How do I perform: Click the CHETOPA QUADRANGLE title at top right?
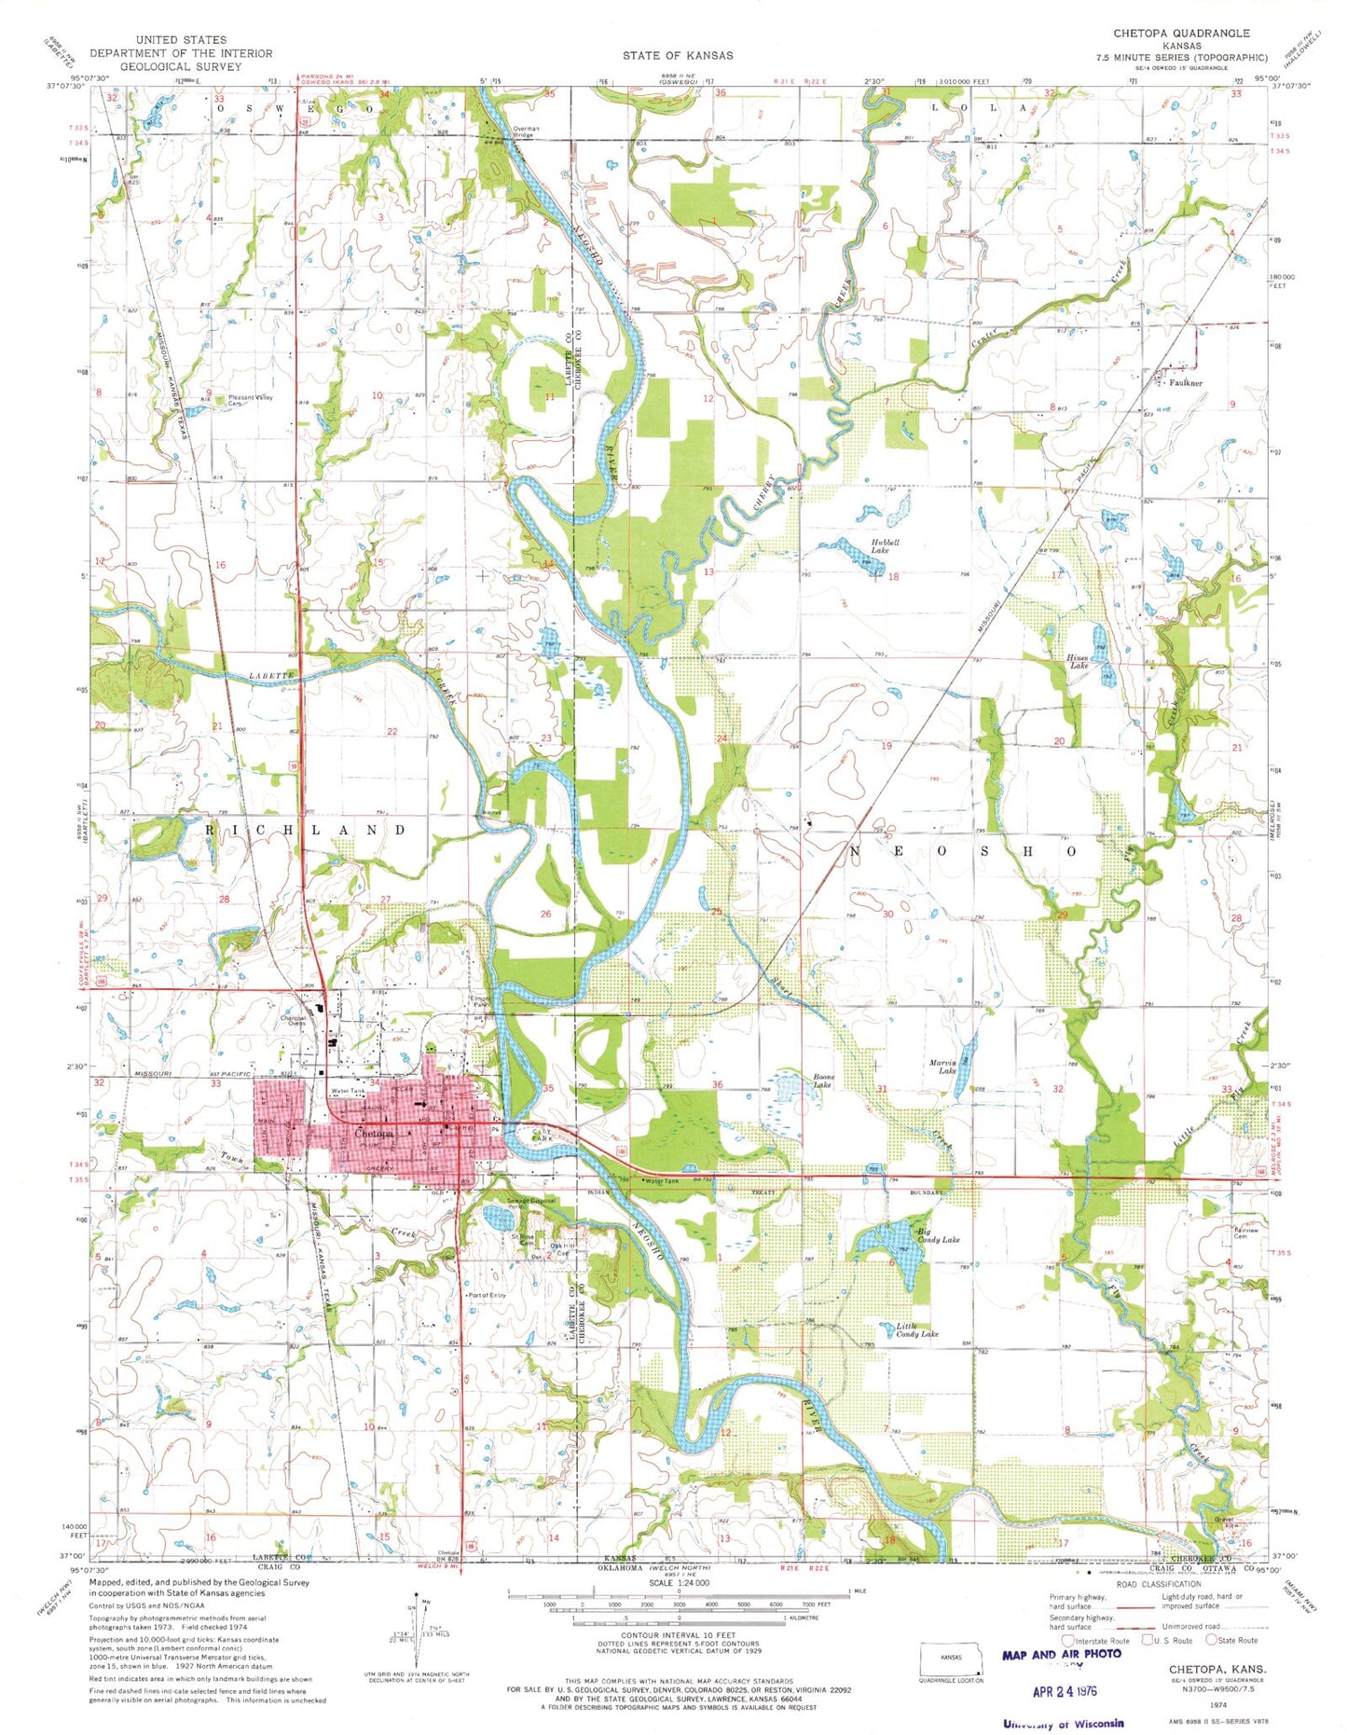pyautogui.click(x=1181, y=33)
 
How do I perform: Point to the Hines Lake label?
pyautogui.click(x=1079, y=662)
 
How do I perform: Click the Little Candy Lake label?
pyautogui.click(x=917, y=1330)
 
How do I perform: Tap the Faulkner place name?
pyautogui.click(x=1184, y=382)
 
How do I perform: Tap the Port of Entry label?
pyautogui.click(x=488, y=1295)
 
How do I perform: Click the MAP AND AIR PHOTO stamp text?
pyautogui.click(x=1062, y=1655)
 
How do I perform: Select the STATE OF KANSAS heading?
pyautogui.click(x=678, y=55)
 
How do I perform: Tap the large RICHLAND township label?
pyautogui.click(x=306, y=829)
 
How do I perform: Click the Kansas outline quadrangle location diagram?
pyautogui.click(x=952, y=1660)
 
